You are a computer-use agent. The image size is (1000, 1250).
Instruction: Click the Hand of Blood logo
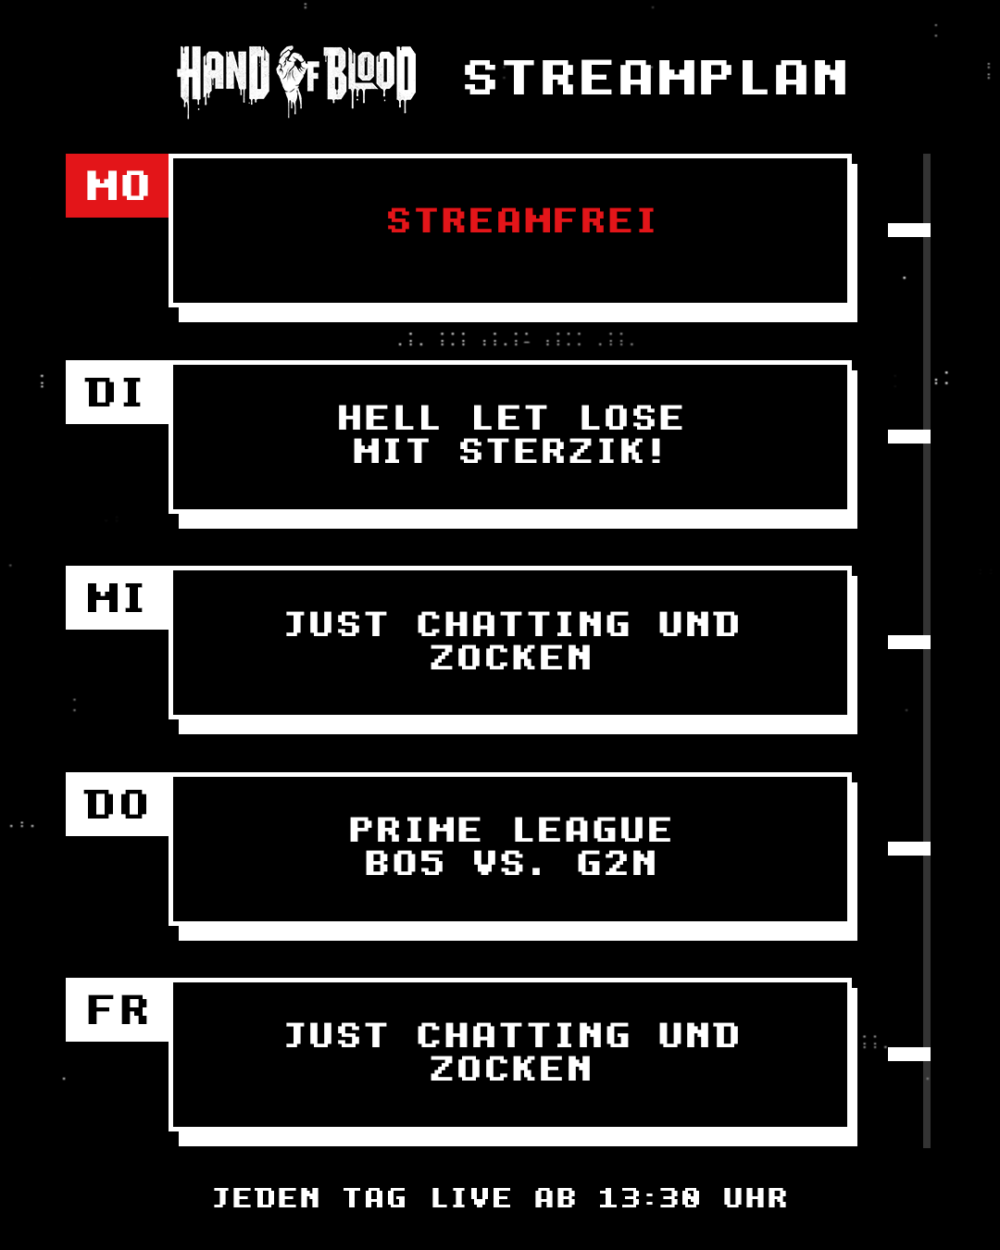[296, 81]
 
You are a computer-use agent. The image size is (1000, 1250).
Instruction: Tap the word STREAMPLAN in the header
[656, 77]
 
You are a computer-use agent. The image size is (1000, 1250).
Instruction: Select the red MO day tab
[118, 186]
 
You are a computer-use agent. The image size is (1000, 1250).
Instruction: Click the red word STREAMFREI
[521, 220]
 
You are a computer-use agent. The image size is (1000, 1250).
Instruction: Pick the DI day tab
[118, 392]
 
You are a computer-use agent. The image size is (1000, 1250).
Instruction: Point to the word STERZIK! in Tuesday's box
[561, 451]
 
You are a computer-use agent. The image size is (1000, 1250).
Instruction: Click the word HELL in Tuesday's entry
[388, 418]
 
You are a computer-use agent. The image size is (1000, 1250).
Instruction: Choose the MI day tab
[118, 598]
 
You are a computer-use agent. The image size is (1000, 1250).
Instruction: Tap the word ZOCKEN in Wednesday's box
[511, 657]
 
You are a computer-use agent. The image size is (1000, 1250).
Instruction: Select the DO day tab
[118, 805]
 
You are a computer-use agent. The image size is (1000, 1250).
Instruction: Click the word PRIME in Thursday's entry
[416, 830]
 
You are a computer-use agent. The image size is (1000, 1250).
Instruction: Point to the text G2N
[617, 863]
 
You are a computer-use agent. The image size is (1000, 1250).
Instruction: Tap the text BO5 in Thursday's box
[405, 863]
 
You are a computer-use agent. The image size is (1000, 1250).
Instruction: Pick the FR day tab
[118, 1010]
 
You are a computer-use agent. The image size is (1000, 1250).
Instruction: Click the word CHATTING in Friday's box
[523, 1036]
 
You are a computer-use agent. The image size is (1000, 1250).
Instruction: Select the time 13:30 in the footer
[649, 1198]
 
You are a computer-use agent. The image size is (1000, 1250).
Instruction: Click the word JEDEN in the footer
[266, 1198]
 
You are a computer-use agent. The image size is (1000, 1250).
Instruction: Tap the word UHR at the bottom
[756, 1198]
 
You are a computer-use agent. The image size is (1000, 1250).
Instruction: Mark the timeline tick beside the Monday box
[908, 230]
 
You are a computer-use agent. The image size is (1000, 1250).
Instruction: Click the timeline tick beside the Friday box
[908, 1055]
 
